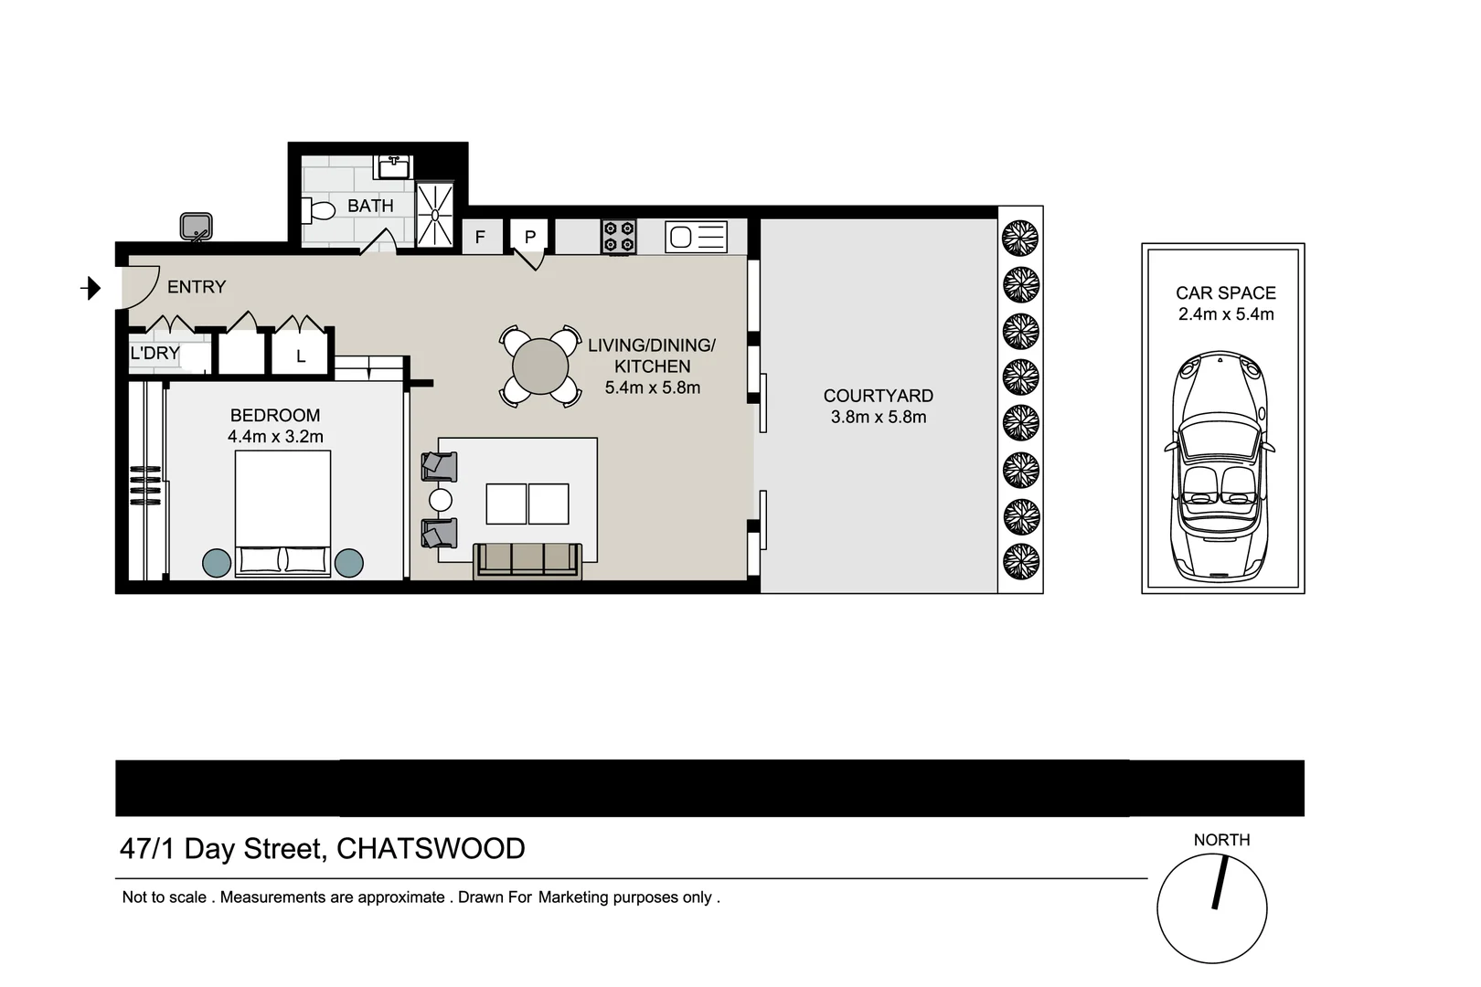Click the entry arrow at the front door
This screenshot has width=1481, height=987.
(x=91, y=289)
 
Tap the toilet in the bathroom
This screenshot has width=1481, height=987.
(x=320, y=211)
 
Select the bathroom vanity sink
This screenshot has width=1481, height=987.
(x=395, y=167)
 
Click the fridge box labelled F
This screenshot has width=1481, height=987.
(x=480, y=238)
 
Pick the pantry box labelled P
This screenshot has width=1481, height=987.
(x=529, y=237)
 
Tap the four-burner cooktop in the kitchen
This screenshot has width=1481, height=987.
(x=619, y=237)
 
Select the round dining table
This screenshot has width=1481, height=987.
(x=540, y=366)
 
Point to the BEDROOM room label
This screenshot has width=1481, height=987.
(x=275, y=415)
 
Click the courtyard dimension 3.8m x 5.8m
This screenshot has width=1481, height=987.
(x=878, y=418)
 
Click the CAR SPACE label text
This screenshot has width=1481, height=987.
(x=1225, y=293)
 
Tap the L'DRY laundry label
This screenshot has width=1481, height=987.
(x=154, y=354)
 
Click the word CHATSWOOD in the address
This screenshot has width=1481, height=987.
(x=431, y=849)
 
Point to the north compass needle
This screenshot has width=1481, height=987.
(x=1219, y=882)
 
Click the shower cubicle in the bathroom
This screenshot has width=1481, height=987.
(x=435, y=215)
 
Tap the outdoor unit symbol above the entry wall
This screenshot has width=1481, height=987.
(x=196, y=226)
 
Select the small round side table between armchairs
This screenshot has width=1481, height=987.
(x=441, y=500)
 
